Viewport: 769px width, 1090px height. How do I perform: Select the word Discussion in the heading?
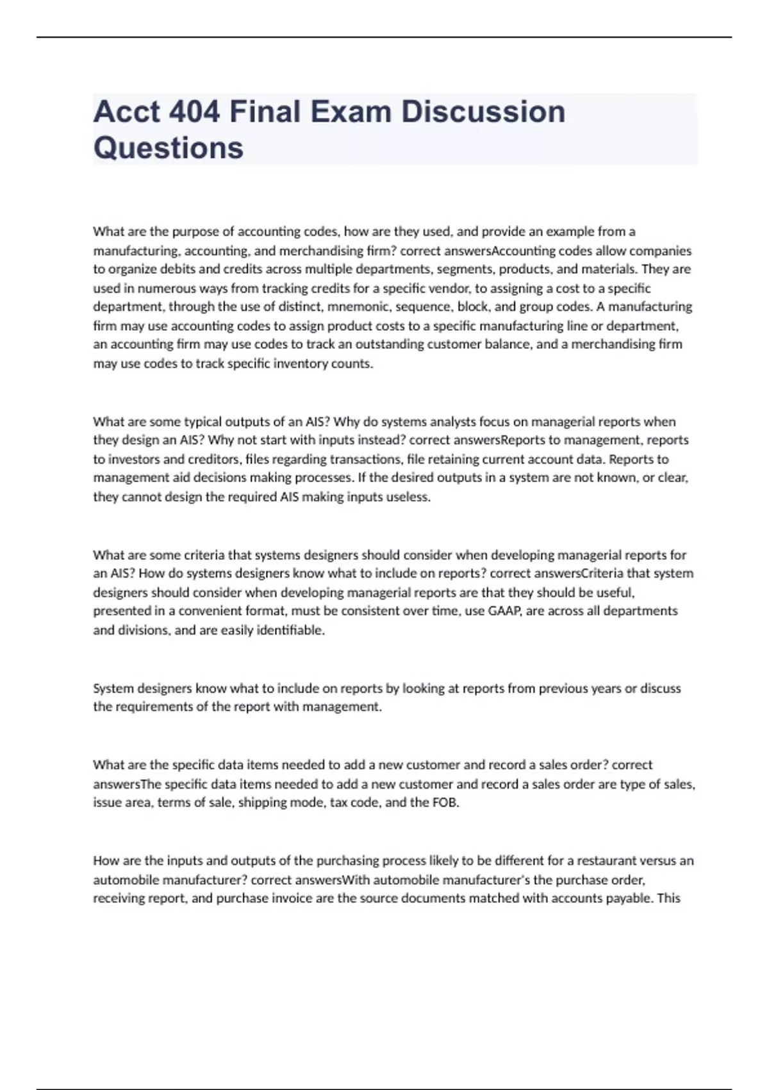[x=483, y=112]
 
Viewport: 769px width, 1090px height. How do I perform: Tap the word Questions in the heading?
[x=168, y=148]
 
